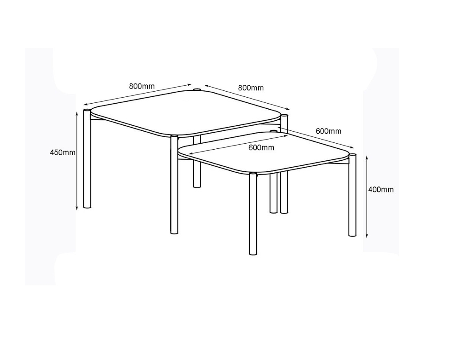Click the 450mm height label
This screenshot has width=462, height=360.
click(x=62, y=153)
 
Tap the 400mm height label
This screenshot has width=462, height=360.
click(x=381, y=190)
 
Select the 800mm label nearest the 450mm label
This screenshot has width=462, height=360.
click(x=142, y=86)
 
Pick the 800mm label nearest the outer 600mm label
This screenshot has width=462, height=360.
click(x=251, y=88)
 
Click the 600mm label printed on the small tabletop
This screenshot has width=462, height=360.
click(x=261, y=148)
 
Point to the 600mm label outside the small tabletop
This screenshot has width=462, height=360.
click(x=329, y=131)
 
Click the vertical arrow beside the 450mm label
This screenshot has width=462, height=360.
click(x=77, y=161)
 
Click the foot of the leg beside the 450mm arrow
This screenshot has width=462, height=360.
click(x=87, y=206)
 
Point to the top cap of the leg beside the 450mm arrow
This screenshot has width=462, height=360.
click(x=87, y=111)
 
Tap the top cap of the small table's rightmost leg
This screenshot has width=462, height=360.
click(x=352, y=155)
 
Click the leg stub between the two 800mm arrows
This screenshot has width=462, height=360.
click(x=197, y=89)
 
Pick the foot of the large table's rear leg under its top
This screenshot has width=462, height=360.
click(x=197, y=186)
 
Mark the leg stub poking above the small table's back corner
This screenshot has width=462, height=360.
click(x=273, y=131)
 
